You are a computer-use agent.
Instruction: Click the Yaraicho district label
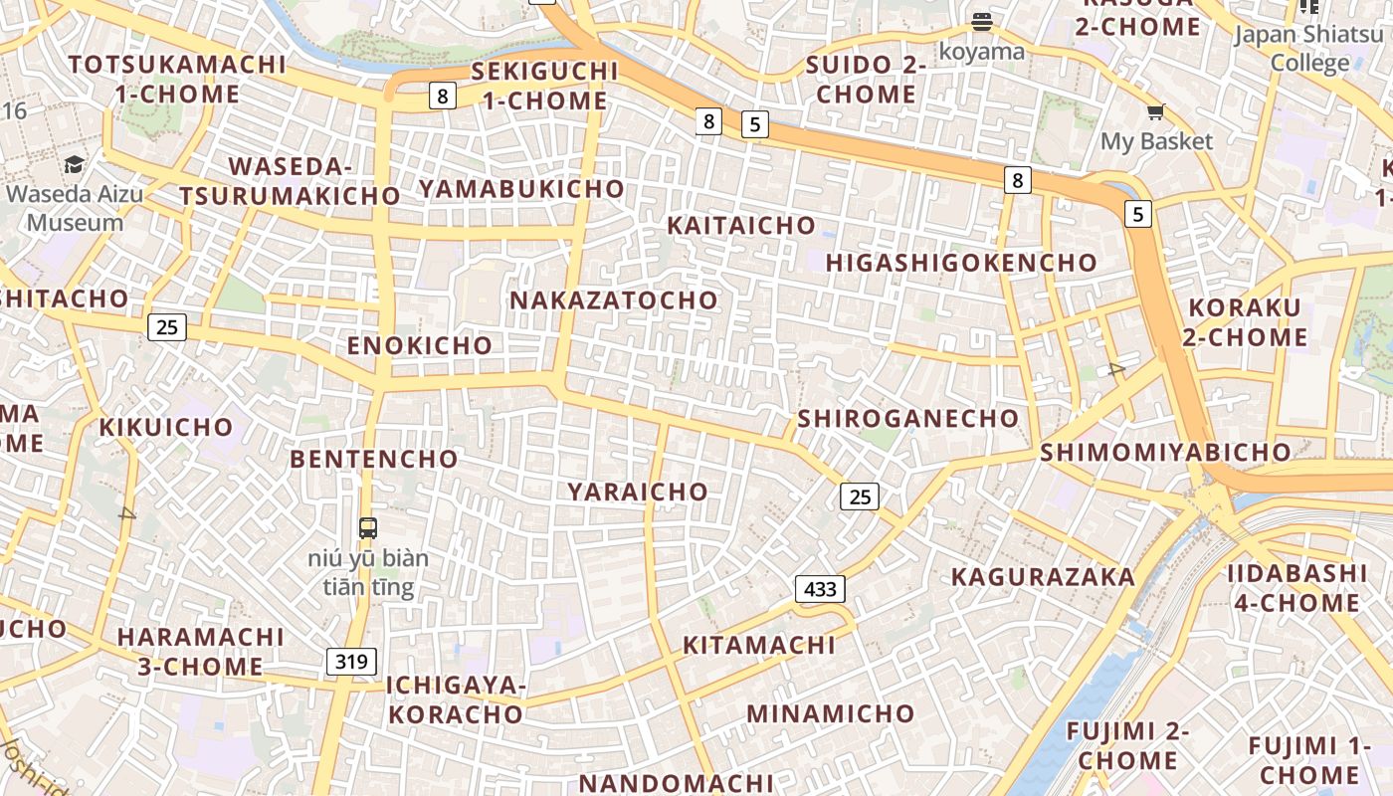point(638,492)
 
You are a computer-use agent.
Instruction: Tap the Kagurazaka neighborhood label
point(1043,577)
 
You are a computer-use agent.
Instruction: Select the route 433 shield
point(820,589)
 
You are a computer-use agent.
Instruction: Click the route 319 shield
point(351,662)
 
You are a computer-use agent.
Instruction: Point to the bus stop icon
point(368,527)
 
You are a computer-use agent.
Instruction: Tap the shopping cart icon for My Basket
point(1155,112)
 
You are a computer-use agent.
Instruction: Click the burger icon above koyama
point(982,22)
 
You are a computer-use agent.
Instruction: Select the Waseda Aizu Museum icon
point(75,164)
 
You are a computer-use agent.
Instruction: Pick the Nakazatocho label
point(613,300)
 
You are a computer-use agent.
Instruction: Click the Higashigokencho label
point(961,263)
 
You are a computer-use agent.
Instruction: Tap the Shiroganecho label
point(907,418)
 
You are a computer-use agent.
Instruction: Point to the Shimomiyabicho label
point(1165,453)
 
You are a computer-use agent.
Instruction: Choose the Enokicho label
point(419,346)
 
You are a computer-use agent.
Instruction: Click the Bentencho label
point(373,460)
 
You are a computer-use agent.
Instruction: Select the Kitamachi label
point(758,646)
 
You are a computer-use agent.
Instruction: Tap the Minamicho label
point(830,713)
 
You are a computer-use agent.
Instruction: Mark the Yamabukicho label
point(521,189)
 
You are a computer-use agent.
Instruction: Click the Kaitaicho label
point(741,226)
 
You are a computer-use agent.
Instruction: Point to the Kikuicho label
point(165,428)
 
